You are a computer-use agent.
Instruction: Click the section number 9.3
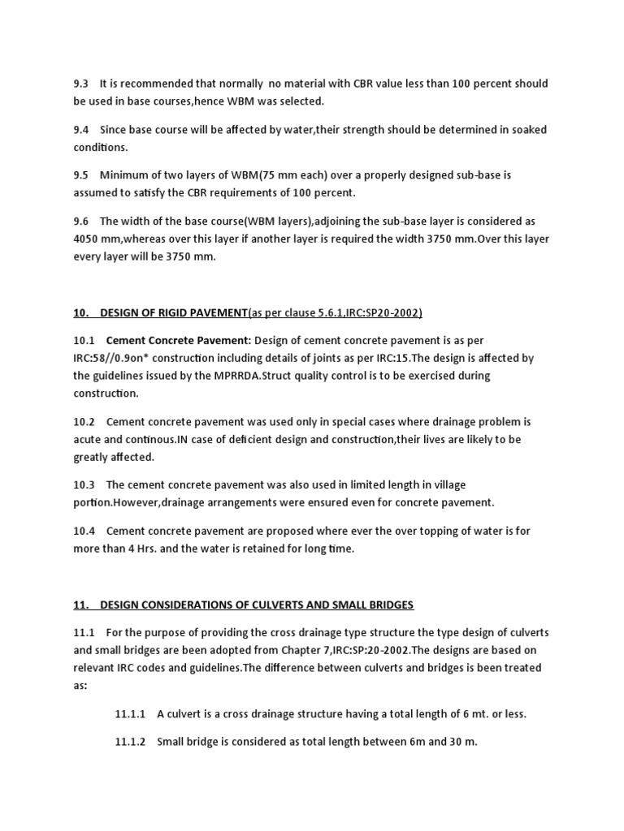(81, 84)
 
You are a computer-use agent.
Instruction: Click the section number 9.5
(81, 175)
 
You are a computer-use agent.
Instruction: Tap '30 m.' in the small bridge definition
(461, 742)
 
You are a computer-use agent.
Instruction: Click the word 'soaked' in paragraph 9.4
(529, 130)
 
